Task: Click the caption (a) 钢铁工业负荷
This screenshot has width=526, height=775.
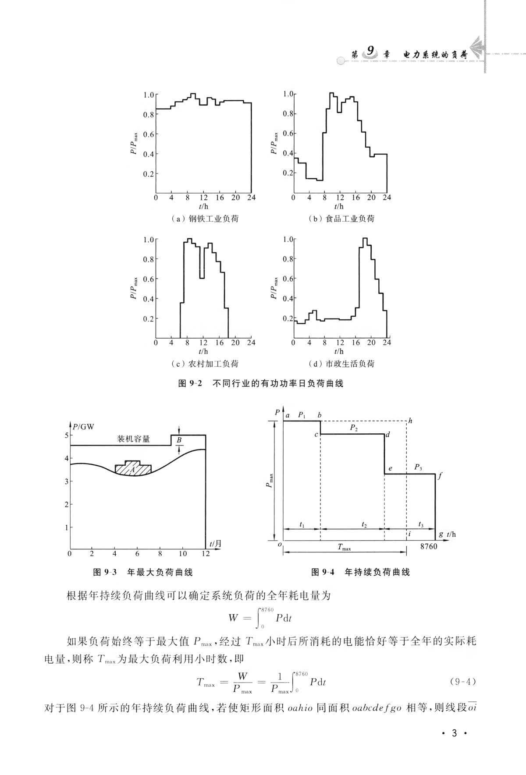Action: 204,219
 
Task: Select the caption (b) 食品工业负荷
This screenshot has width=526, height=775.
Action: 341,219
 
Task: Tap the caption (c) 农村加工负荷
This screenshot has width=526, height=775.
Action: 204,364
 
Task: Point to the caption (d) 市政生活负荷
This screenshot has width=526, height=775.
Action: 341,364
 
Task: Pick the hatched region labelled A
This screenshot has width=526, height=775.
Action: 133,468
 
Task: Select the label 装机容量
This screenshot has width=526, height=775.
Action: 133,439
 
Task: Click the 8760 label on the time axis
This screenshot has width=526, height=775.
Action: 428,547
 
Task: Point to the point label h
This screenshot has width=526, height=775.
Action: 410,421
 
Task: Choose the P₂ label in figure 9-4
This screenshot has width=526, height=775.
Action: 354,428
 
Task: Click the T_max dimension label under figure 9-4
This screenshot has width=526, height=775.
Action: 344,547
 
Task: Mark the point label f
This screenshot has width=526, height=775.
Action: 440,474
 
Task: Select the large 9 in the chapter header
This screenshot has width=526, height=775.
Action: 370,51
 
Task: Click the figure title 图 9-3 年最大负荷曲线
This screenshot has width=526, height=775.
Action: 143,572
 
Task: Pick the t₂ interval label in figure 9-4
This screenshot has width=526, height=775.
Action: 364,524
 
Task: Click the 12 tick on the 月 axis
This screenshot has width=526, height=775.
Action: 205,554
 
